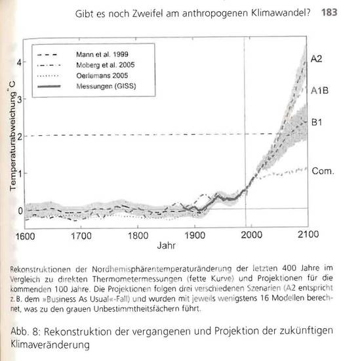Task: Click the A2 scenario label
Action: (317, 58)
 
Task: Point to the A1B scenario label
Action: (319, 93)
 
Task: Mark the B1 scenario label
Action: (317, 122)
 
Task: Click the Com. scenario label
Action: (323, 171)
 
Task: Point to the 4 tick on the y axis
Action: (20, 63)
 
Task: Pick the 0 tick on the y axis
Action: (20, 211)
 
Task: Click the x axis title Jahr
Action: (166, 249)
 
